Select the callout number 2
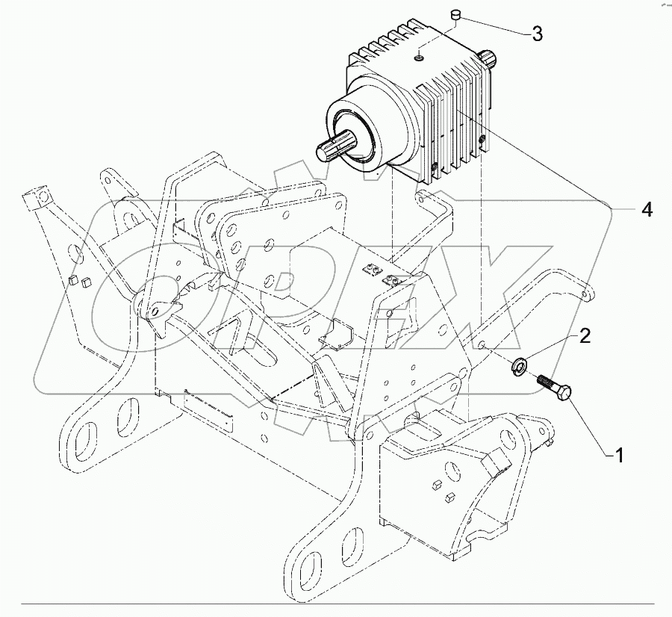[585, 335]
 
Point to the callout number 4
[647, 211]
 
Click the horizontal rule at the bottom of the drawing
[336, 604]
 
